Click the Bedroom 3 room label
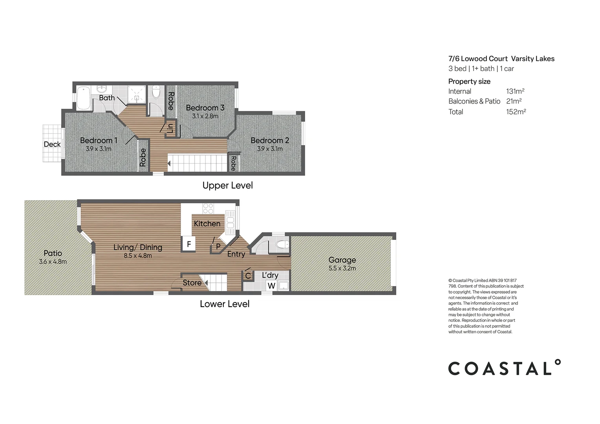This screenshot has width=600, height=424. pyautogui.click(x=205, y=108)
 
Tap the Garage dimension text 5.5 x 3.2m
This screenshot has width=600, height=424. pyautogui.click(x=342, y=268)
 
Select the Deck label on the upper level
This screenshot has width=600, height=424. pyautogui.click(x=52, y=144)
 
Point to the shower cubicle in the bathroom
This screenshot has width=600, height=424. pyautogui.click(x=137, y=94)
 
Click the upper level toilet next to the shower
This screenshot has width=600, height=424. pyautogui.click(x=156, y=91)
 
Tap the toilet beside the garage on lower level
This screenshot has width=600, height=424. pyautogui.click(x=282, y=244)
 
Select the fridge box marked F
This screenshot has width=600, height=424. pyautogui.click(x=189, y=244)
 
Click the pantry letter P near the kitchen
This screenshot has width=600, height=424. pyautogui.click(x=218, y=246)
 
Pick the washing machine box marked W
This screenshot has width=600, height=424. pyautogui.click(x=272, y=285)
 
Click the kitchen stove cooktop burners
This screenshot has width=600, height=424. pyautogui.click(x=208, y=208)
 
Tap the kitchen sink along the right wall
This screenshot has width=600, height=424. pyautogui.click(x=230, y=223)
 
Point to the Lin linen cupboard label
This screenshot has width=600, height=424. pyautogui.click(x=170, y=129)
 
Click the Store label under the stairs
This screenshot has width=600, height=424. pyautogui.click(x=192, y=283)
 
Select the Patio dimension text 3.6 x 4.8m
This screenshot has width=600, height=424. pyautogui.click(x=53, y=262)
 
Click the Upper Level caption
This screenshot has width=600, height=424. pyautogui.click(x=227, y=185)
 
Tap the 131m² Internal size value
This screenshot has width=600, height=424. pyautogui.click(x=515, y=91)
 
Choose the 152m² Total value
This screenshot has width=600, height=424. pyautogui.click(x=516, y=111)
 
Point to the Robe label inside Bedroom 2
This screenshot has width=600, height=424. pyautogui.click(x=233, y=163)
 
